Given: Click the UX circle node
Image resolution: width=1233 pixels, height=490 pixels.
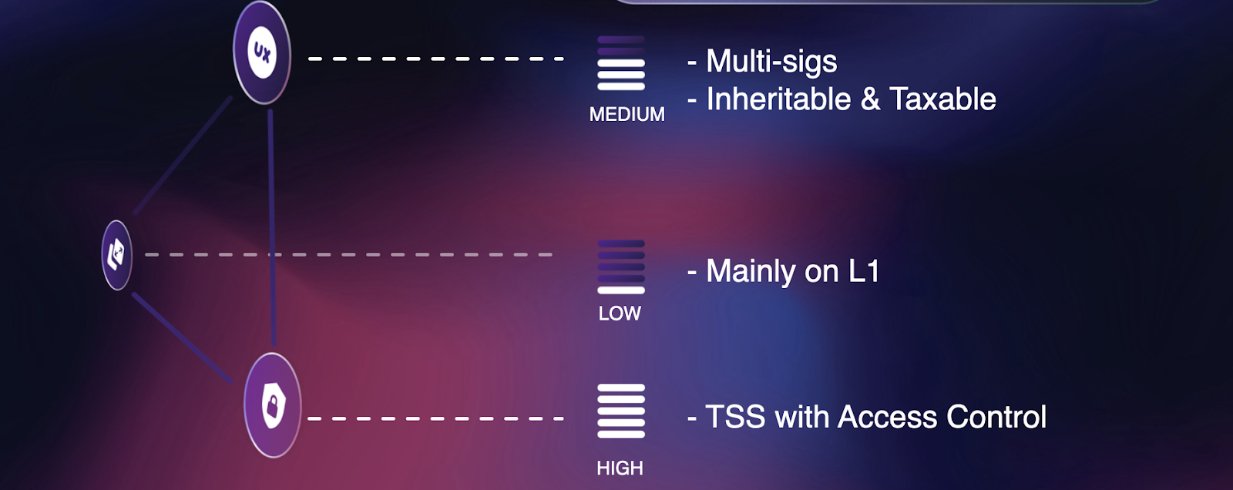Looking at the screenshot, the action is [262, 52].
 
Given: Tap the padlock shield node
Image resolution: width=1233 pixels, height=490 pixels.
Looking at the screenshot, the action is [273, 406].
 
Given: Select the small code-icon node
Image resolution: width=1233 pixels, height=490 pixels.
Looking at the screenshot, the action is [116, 255].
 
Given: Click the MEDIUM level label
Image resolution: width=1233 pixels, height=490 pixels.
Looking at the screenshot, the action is [627, 115].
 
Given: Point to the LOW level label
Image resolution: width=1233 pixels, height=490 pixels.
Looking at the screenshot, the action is [620, 314].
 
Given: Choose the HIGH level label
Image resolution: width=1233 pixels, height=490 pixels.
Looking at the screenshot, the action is [620, 468].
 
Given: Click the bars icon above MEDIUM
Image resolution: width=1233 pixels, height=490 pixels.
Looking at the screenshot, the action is [621, 63].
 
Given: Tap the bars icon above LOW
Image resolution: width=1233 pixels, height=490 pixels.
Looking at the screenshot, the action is [621, 267].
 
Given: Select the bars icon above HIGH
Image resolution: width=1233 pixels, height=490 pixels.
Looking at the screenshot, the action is [621, 411].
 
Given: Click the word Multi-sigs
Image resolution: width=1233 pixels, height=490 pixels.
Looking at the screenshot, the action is [771, 61].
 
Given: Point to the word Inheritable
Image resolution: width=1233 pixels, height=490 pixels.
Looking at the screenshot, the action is [778, 99].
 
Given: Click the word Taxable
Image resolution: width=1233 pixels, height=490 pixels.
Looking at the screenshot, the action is [943, 99].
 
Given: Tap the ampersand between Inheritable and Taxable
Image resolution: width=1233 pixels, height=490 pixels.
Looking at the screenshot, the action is [870, 99].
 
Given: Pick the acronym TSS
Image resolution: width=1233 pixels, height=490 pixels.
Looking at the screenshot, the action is [735, 417].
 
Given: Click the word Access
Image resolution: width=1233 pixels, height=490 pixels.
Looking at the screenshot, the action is [887, 417].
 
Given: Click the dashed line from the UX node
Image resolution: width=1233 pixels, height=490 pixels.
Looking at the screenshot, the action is [436, 59].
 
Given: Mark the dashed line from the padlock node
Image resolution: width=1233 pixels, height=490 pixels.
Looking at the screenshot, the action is [436, 419].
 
